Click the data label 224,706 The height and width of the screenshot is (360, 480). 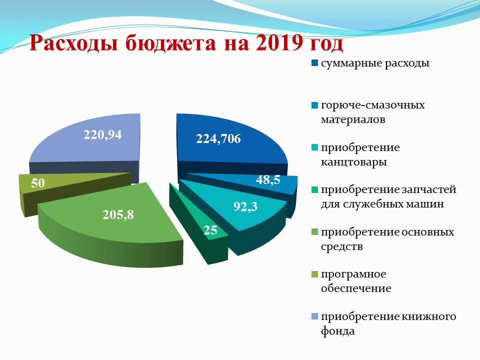tap(218, 139)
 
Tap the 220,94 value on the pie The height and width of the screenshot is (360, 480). tap(102, 134)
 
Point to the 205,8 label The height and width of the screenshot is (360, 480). tap(118, 215)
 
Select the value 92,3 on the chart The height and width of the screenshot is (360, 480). tap(245, 206)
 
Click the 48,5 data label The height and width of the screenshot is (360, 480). tap(268, 179)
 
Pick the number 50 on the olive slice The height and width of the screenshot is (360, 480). tap(38, 183)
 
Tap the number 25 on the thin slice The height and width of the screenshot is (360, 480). tap(210, 230)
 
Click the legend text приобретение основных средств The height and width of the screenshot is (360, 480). tap(387, 239)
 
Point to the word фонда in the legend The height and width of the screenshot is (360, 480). tap(338, 331)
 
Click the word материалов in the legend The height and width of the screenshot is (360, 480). tap(353, 119)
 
